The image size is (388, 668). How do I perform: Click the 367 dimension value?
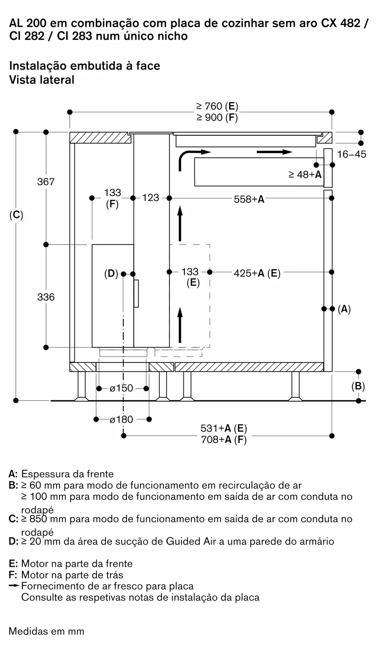46,182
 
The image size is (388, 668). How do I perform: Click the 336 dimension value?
46,297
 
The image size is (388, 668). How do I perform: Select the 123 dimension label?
151,198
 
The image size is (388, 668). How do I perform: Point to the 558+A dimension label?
249,199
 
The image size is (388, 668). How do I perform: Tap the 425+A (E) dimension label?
257,273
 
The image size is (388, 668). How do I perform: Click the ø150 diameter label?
121,388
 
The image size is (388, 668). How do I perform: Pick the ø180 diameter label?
121,420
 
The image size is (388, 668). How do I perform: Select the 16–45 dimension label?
352,154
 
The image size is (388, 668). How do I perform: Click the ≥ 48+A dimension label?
305,174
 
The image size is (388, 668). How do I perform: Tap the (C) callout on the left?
16,215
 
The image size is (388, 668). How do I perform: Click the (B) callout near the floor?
358,386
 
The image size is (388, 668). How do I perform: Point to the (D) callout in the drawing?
111,274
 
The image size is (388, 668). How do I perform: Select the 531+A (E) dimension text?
224,429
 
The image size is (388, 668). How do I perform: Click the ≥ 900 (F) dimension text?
217,118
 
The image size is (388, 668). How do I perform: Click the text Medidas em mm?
46,631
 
